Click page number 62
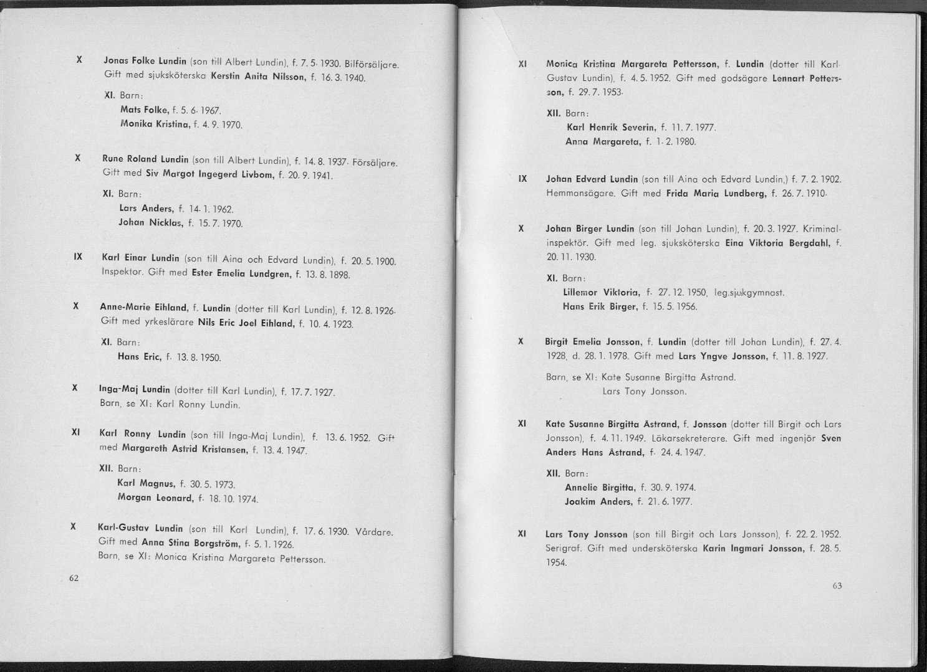(74, 578)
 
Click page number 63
(837, 585)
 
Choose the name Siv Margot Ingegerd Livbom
(210, 173)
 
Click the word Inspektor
(123, 272)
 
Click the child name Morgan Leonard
(155, 498)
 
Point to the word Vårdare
(373, 532)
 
